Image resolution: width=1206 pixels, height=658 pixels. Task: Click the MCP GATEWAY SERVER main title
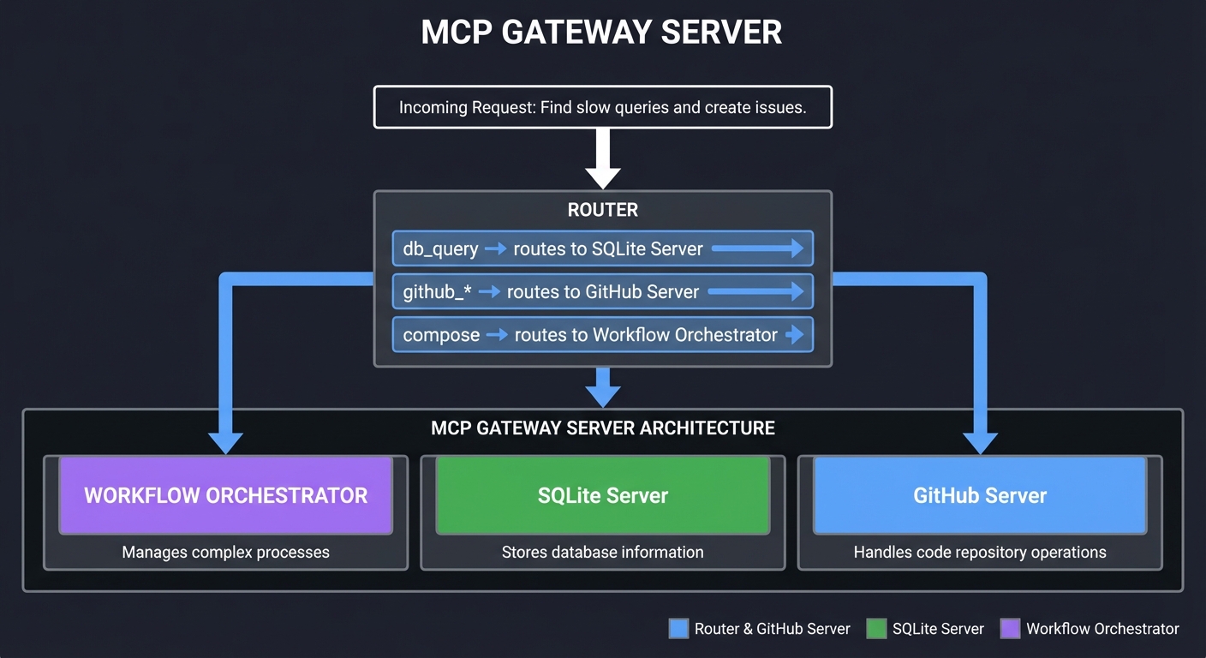click(x=601, y=33)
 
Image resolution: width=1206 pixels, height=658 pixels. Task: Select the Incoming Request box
click(x=602, y=108)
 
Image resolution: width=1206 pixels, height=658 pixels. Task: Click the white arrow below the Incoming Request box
click(x=602, y=160)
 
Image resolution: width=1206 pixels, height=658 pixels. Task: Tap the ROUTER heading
click(x=602, y=210)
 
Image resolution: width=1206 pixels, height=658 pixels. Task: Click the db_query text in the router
click(x=440, y=249)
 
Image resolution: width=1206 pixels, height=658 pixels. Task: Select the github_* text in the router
click(x=437, y=292)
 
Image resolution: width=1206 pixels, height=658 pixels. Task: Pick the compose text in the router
click(x=441, y=335)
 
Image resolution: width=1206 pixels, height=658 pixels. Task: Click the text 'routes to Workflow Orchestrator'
click(x=646, y=335)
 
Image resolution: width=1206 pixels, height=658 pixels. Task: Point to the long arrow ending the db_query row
click(x=757, y=249)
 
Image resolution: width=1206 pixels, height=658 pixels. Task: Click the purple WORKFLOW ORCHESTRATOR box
click(x=225, y=495)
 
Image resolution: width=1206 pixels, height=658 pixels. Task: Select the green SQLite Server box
click(x=602, y=495)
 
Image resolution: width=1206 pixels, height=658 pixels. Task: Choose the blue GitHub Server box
click(x=979, y=495)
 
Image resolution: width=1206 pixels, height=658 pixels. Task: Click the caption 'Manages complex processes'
click(x=225, y=553)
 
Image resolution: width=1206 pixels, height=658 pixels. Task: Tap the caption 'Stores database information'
click(x=602, y=553)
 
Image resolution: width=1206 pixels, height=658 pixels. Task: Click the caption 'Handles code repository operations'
click(x=979, y=553)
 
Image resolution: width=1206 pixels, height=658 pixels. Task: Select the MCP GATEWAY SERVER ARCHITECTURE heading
click(x=602, y=428)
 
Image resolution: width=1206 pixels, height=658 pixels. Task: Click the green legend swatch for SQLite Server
click(x=876, y=629)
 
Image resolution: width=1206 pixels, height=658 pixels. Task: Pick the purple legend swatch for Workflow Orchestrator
click(x=1011, y=629)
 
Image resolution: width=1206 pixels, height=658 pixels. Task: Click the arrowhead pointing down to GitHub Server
click(x=980, y=442)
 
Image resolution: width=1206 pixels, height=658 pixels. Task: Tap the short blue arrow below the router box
click(x=602, y=388)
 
